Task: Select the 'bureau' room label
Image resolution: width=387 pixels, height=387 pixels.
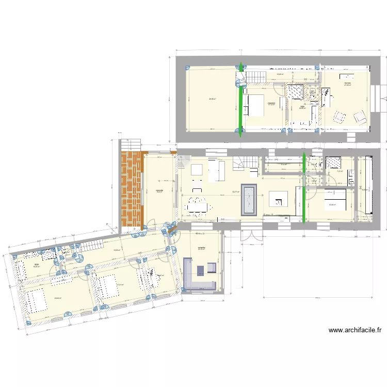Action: click(x=348, y=83)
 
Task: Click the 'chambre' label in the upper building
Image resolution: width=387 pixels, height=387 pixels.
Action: click(x=271, y=103)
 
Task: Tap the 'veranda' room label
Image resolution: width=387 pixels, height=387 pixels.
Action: click(x=201, y=248)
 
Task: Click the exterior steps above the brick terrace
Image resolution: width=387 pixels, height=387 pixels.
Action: click(x=132, y=143)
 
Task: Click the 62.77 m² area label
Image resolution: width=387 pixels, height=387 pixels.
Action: click(x=235, y=192)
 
